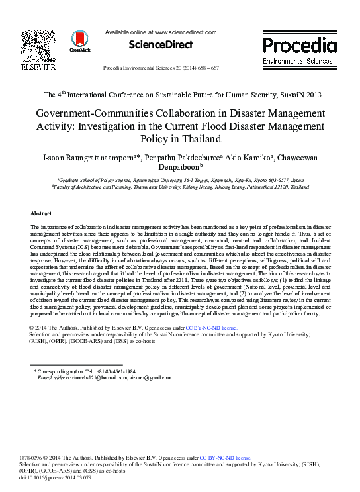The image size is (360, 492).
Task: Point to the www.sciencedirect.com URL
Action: pyautogui.click(x=185, y=32)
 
